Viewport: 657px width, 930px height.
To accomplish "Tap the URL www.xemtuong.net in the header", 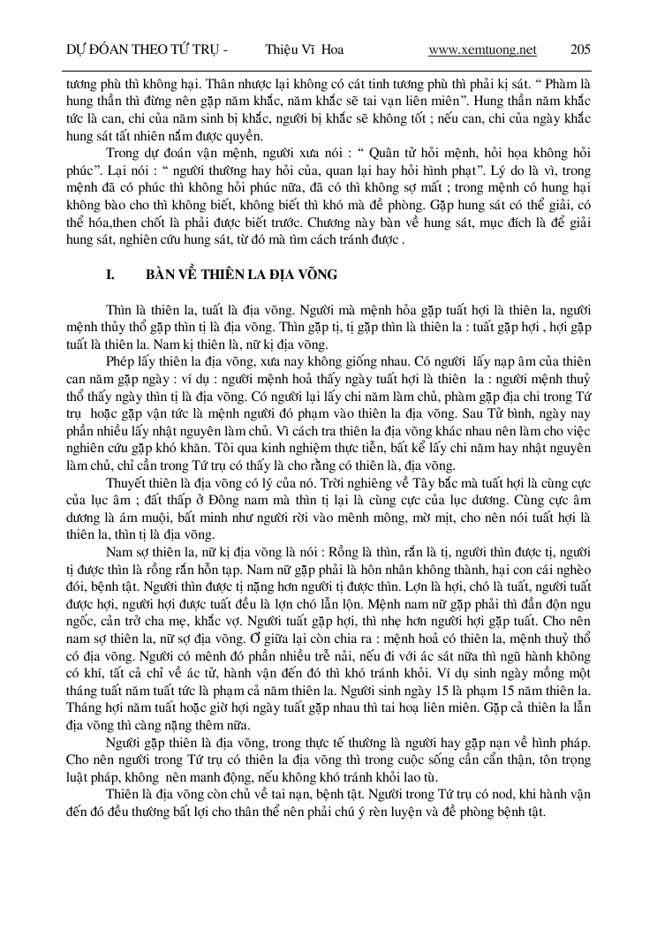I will click(482, 49).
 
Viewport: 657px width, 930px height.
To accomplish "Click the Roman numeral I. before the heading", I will click(110, 275).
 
